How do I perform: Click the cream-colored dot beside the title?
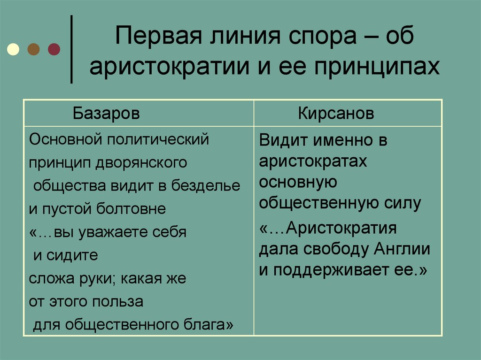(14, 48)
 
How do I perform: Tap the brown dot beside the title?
(34, 48)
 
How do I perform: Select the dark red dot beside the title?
(54, 48)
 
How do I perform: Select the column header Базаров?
(106, 115)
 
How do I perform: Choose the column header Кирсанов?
(336, 115)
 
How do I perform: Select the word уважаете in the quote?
(117, 232)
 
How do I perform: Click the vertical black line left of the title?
(71, 49)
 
